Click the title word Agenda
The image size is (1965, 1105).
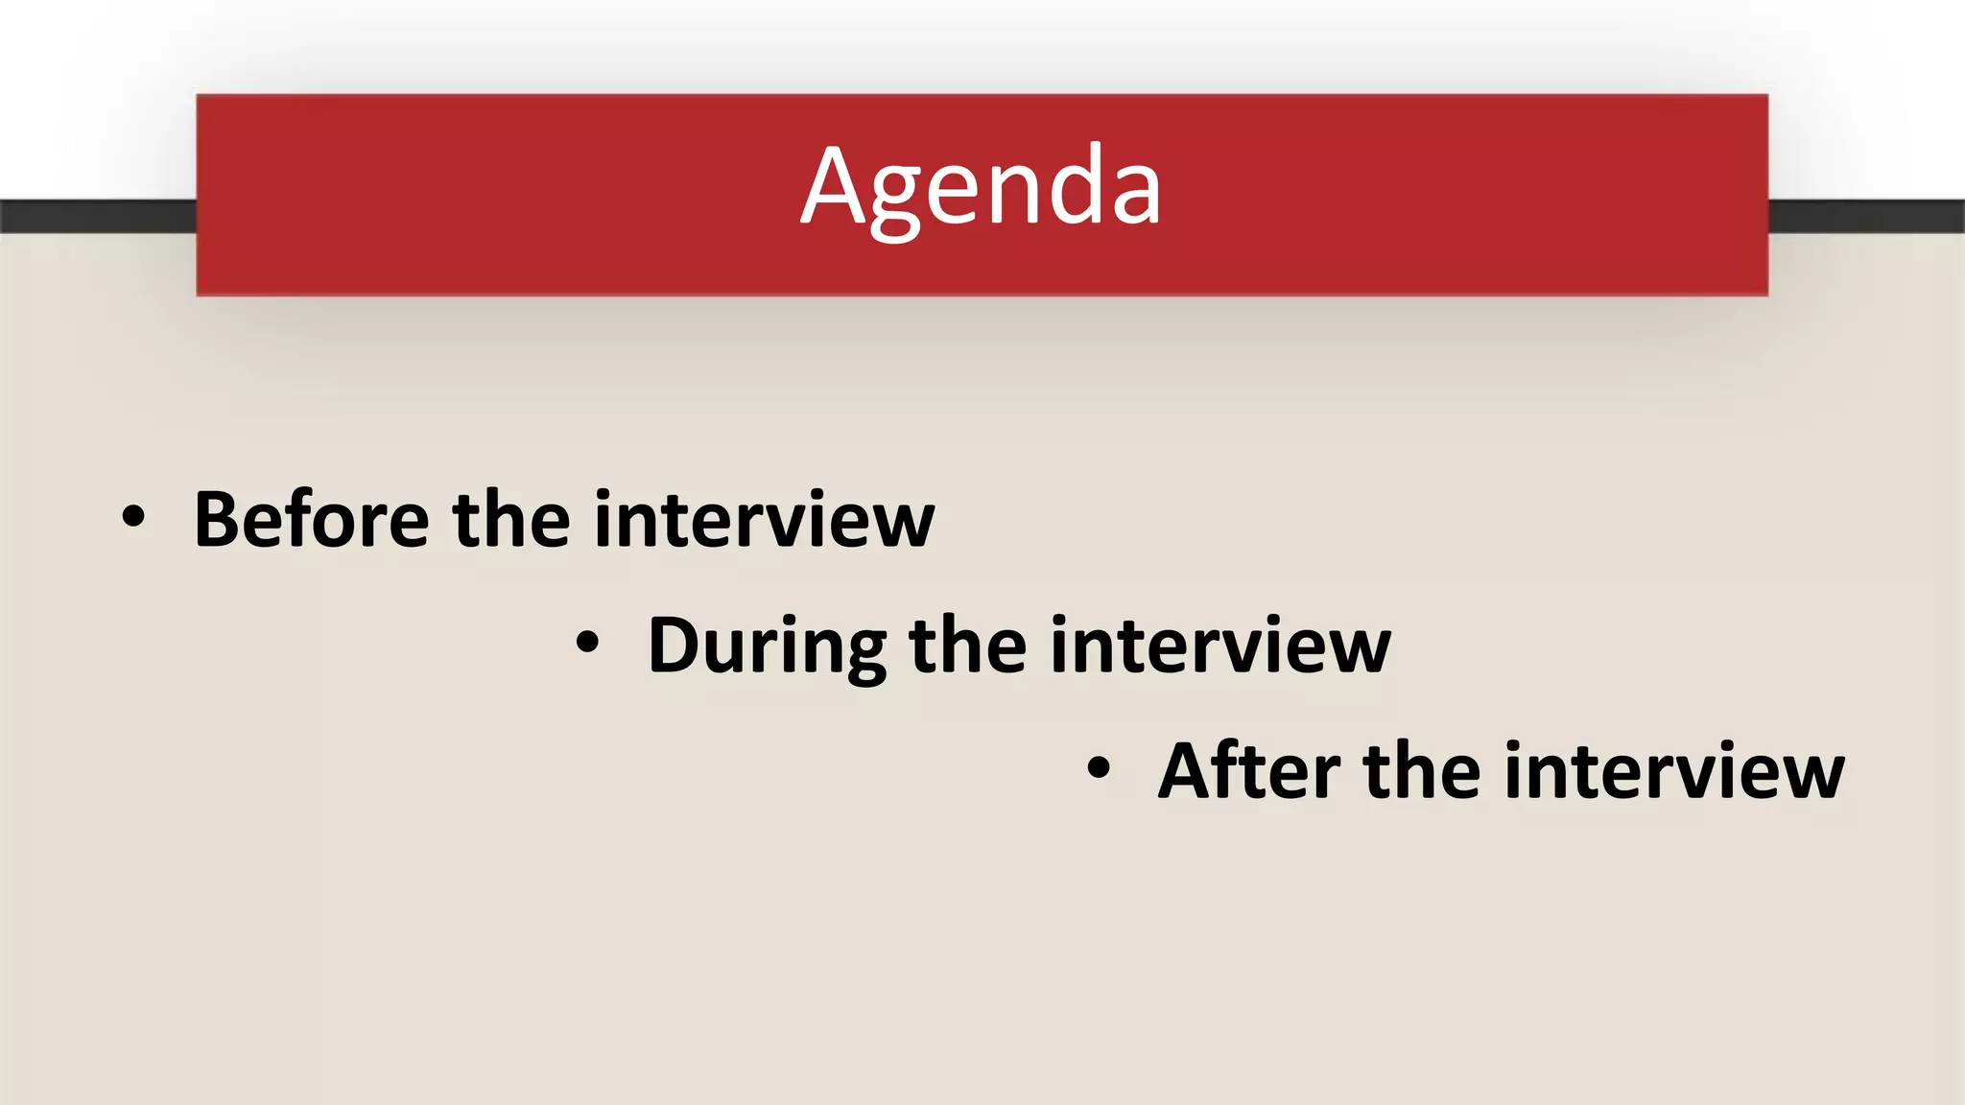[x=981, y=187]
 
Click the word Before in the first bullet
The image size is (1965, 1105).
[x=311, y=520]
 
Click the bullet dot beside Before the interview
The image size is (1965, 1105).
[x=133, y=518]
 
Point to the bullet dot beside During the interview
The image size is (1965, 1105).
[x=587, y=644]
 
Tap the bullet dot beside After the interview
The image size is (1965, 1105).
[x=1099, y=768]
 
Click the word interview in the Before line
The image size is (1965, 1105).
[x=764, y=520]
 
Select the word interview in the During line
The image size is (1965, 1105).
[x=1219, y=646]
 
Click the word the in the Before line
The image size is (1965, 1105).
[x=510, y=520]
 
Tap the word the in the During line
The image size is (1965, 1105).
[x=967, y=646]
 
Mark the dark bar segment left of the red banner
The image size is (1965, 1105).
[x=97, y=216]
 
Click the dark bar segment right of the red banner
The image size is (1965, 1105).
[x=1865, y=216]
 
